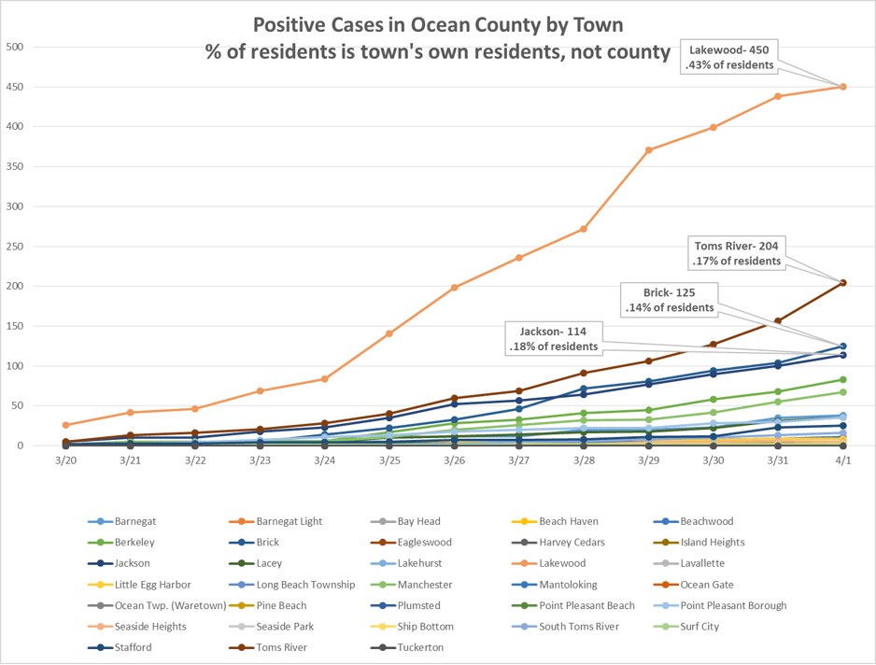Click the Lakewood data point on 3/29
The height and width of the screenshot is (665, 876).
pos(649,149)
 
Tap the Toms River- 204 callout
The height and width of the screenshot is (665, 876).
pos(738,253)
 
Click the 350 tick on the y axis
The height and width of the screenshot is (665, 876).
pos(16,166)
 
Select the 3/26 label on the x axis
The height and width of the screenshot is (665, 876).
pos(454,460)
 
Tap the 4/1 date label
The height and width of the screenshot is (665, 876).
pos(842,460)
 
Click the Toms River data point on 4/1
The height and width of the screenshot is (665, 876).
pos(843,283)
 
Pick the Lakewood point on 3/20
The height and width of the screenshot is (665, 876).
pos(65,425)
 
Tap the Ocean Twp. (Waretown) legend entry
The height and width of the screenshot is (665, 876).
pos(159,605)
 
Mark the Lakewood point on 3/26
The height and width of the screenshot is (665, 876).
pos(454,288)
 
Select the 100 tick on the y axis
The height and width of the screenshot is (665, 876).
pos(16,365)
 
